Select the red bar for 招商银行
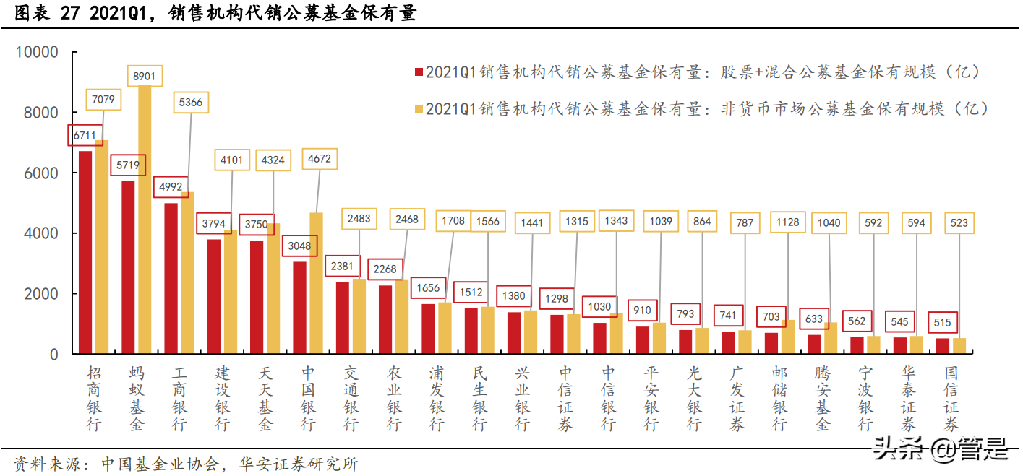click(x=85, y=253)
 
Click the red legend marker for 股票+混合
click(x=418, y=72)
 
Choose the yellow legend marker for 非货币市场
click(x=418, y=109)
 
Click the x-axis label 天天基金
click(x=265, y=399)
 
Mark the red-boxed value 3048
click(x=300, y=246)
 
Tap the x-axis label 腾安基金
click(x=823, y=399)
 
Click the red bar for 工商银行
click(x=171, y=278)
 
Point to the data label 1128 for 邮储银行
click(x=787, y=222)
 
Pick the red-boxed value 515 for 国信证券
click(x=943, y=323)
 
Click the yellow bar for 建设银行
click(x=231, y=293)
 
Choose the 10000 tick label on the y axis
click(x=36, y=53)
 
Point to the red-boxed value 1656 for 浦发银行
click(x=429, y=288)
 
